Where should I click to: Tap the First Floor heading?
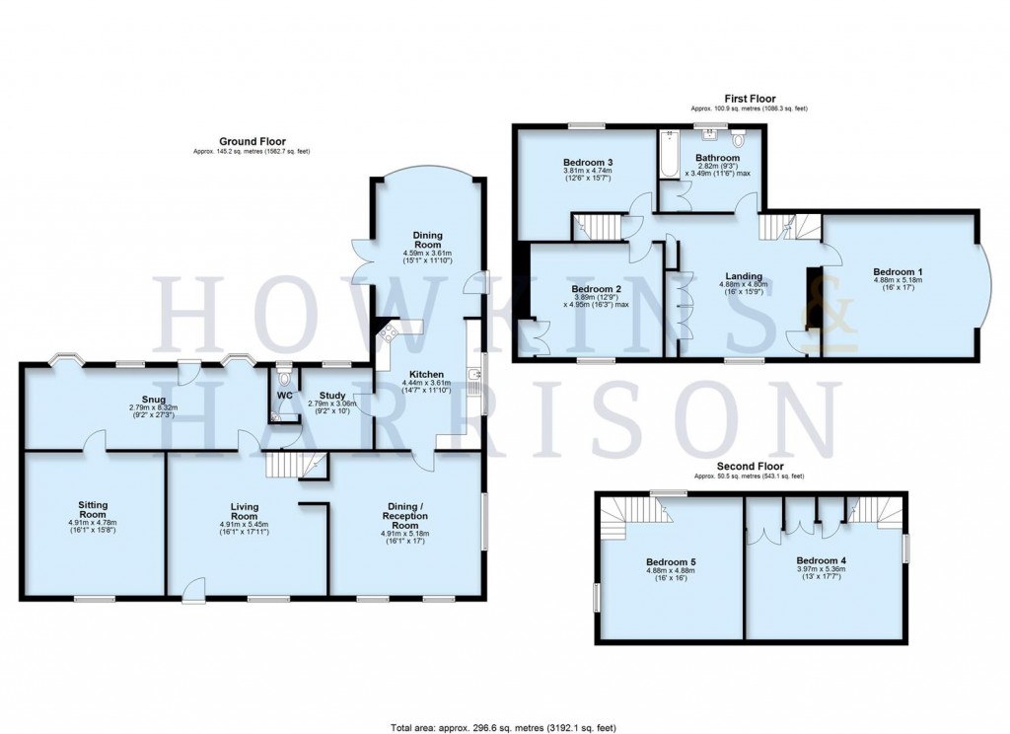[x=751, y=98]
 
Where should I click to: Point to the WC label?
[x=285, y=395]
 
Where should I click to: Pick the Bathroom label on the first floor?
[x=717, y=158]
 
